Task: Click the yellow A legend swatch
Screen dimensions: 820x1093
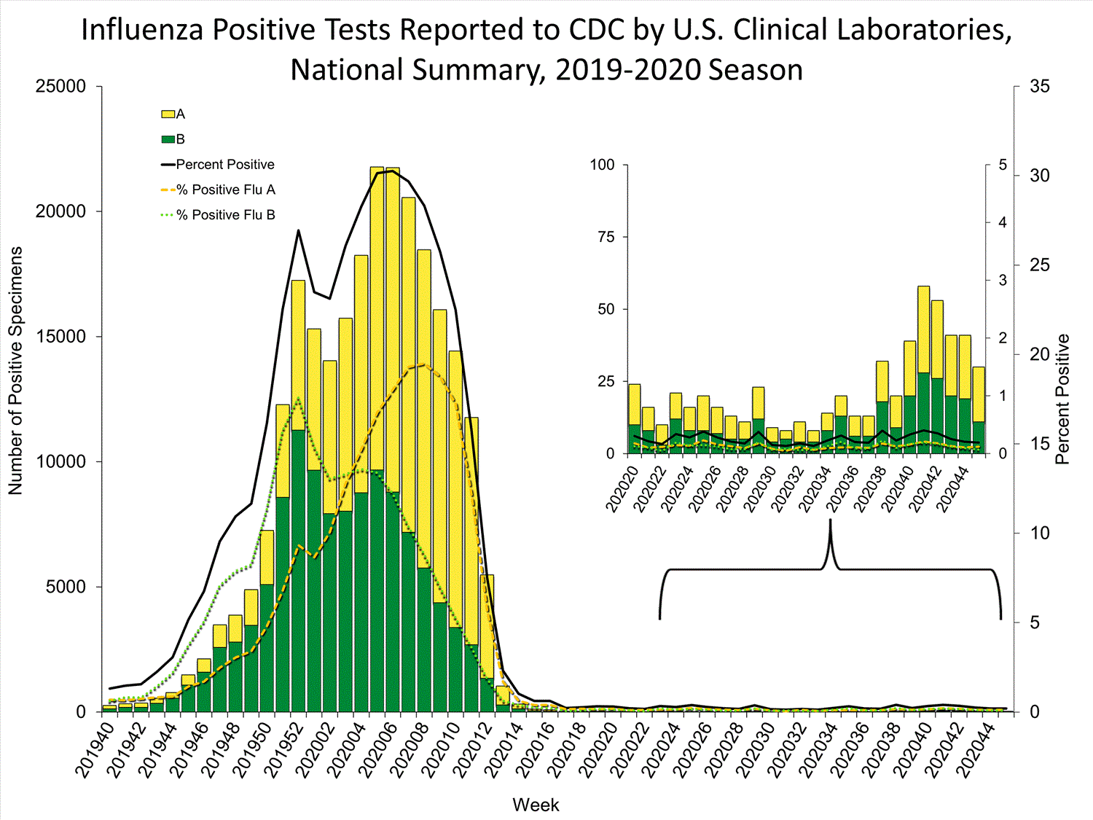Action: click(168, 114)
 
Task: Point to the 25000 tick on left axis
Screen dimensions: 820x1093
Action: click(60, 87)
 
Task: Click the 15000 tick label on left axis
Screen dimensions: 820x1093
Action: click(60, 337)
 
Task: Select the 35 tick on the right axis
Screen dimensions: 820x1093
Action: click(1040, 87)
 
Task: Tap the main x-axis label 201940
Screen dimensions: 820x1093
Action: click(95, 751)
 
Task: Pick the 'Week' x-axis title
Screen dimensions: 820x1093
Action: click(536, 805)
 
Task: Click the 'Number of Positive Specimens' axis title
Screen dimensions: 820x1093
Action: click(16, 370)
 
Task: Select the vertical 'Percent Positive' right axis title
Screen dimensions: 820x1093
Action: click(1062, 399)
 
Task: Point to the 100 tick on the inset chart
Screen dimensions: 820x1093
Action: click(603, 165)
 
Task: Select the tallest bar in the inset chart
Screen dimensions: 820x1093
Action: click(923, 369)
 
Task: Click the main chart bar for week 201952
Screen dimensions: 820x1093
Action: click(298, 496)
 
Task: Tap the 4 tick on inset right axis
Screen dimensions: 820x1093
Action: click(1003, 222)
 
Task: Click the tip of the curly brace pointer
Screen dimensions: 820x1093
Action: click(831, 521)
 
